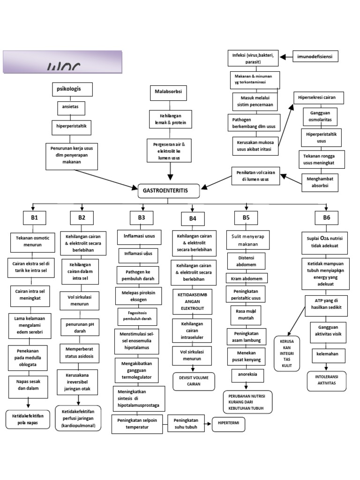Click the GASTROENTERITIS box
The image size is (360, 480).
point(169,191)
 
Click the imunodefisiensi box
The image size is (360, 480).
point(316,57)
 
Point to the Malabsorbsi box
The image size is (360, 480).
point(168,91)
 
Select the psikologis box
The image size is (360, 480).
point(72,88)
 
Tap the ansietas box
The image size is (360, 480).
point(71,106)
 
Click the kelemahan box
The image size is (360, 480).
point(329,354)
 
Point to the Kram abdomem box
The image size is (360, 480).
point(247,278)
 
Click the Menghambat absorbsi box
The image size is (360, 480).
point(320,182)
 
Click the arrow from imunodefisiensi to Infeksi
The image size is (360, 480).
point(286,57)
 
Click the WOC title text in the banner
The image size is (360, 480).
point(63,67)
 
